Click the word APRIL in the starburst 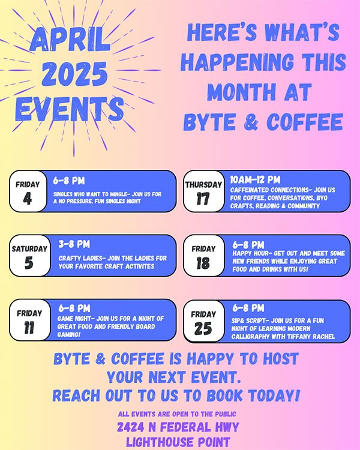tap(70, 40)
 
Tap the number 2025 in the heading tap(74, 74)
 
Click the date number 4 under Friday tap(28, 199)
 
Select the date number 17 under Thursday tap(203, 199)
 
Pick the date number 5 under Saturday tap(29, 263)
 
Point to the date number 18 tap(203, 263)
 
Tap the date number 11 tap(29, 328)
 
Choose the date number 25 tap(203, 328)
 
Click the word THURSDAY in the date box tap(203, 185)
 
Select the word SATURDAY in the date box tap(29, 248)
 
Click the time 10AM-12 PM tap(255, 179)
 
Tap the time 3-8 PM tap(74, 244)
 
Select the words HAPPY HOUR tap(252, 253)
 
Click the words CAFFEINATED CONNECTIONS tap(269, 190)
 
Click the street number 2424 tap(130, 427)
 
